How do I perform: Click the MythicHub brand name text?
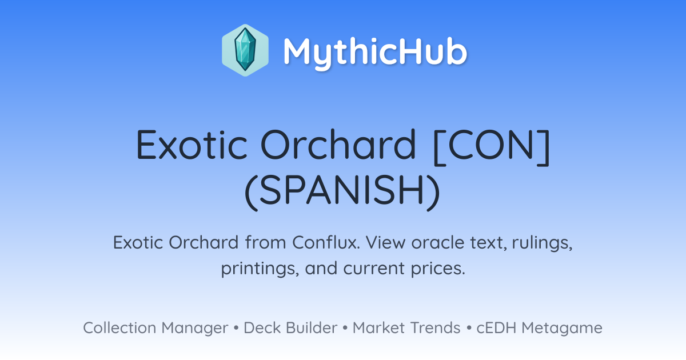(375, 52)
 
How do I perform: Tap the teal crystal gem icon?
(245, 50)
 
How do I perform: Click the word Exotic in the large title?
(192, 145)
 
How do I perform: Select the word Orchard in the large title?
(338, 145)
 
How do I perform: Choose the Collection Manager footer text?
(155, 328)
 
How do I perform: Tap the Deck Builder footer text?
(290, 327)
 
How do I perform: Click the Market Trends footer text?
(406, 327)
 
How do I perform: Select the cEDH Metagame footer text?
(539, 328)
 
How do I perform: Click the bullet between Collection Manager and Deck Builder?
(236, 328)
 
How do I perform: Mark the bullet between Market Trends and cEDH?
(469, 328)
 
